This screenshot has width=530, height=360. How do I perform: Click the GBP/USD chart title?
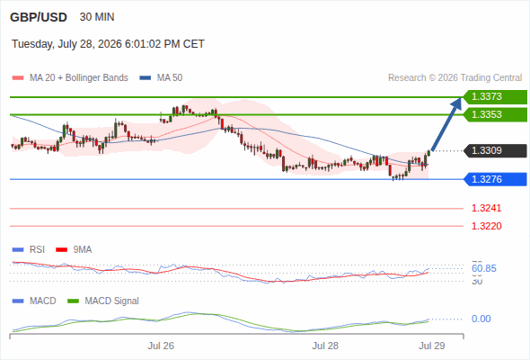point(39,17)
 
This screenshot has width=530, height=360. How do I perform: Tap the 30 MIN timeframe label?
point(97,17)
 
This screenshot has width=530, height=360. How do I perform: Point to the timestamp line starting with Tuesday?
point(108,44)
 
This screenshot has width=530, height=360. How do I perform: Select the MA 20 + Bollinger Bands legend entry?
point(70,78)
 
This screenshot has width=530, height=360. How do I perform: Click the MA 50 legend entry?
point(161,78)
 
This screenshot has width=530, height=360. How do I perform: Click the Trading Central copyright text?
point(455,78)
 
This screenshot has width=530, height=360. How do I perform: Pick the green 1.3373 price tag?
point(495,97)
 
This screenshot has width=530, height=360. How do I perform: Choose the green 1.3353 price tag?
point(495,114)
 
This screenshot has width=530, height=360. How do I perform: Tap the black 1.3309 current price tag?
point(495,150)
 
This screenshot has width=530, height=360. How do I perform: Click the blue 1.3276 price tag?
point(495,179)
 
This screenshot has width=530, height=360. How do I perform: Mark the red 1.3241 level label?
point(486,208)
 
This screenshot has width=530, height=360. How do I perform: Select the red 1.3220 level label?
point(486,226)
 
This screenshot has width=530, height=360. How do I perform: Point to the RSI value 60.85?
point(484,268)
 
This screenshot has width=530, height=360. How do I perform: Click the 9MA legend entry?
point(74,249)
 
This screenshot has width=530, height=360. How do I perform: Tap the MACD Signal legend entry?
point(103,301)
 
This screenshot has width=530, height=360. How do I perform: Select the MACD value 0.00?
point(481,319)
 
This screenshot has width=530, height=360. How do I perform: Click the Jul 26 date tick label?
point(161,346)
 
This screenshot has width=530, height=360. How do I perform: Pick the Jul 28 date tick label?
point(325,346)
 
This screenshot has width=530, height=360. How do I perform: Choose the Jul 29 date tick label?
point(432,346)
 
